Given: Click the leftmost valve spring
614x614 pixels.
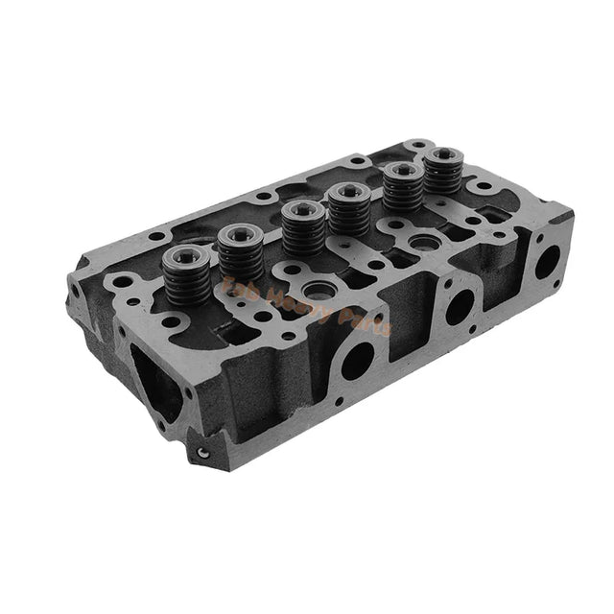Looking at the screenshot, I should [x=184, y=274].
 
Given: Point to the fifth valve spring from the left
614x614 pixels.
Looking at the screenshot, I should [x=400, y=188].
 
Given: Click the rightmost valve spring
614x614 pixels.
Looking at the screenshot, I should [x=442, y=172].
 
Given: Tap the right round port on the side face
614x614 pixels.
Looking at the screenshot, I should [x=547, y=261].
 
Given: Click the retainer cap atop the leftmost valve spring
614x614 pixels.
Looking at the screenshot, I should [x=184, y=256].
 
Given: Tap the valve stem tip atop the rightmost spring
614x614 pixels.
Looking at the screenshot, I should [x=443, y=153].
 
